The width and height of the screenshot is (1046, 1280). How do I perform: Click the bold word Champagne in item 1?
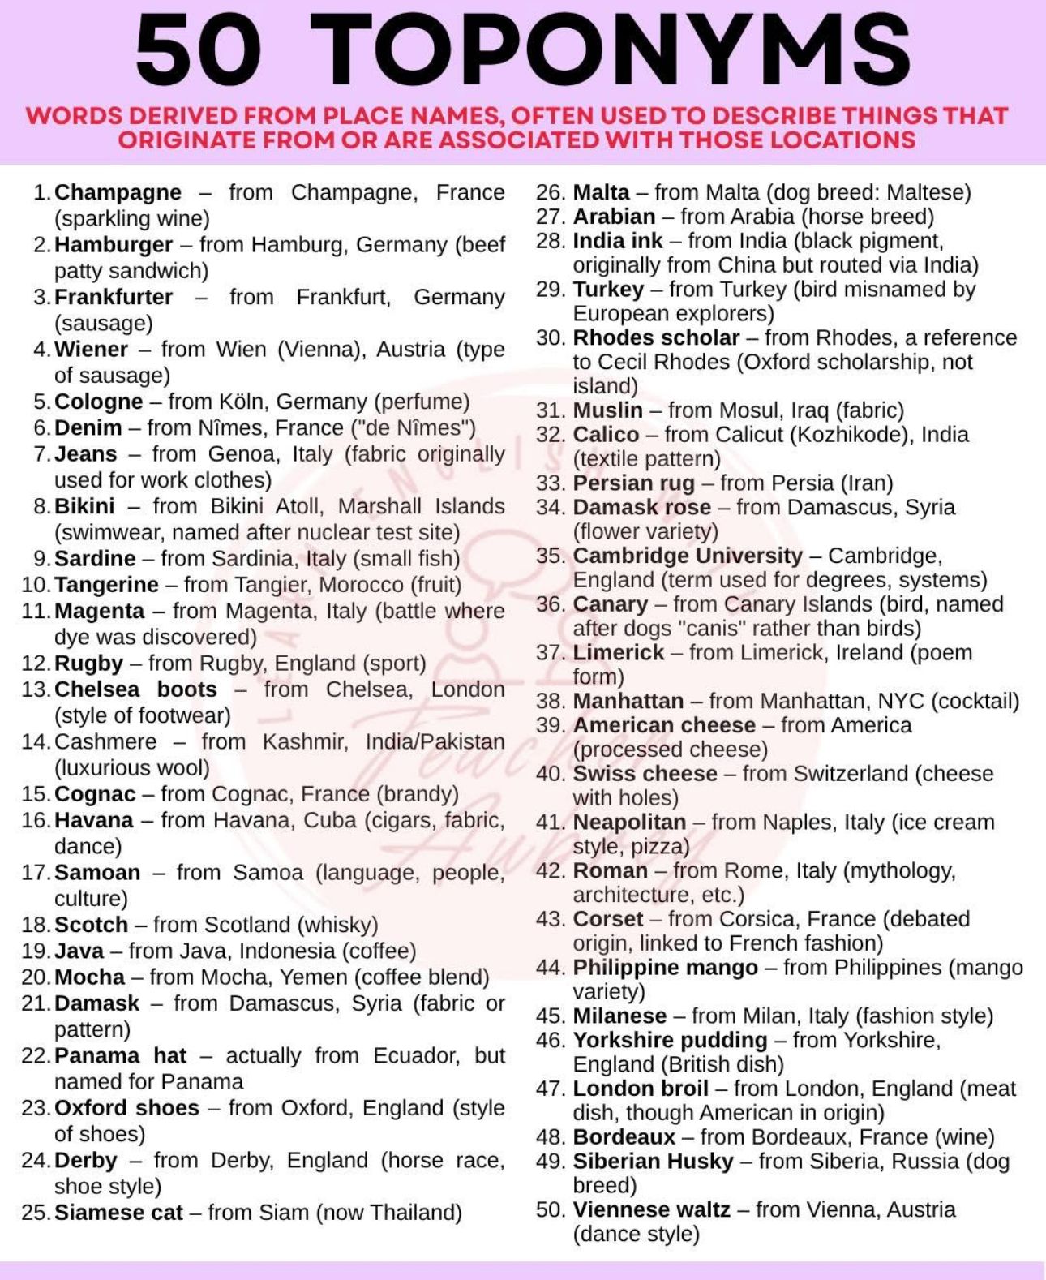tap(118, 192)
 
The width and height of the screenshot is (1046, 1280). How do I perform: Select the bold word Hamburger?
tap(114, 244)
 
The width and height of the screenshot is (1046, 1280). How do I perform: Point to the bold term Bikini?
tap(84, 506)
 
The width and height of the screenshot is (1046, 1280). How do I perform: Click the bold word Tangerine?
tap(106, 585)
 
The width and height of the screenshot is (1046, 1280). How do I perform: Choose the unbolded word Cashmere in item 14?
tap(105, 741)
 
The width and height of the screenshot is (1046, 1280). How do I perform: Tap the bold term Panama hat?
tap(120, 1055)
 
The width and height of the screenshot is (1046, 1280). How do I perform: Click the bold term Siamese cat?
tap(118, 1213)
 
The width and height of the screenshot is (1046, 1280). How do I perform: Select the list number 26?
tap(550, 193)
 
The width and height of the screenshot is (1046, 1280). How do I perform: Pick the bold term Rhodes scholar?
tap(656, 337)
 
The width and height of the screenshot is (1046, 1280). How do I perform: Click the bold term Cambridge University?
tap(688, 556)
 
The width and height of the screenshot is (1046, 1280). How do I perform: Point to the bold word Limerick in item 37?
tap(618, 652)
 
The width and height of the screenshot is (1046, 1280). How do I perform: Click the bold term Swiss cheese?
tap(645, 774)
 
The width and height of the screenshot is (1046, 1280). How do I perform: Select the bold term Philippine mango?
tap(665, 968)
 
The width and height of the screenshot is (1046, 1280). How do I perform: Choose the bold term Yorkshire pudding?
tap(670, 1040)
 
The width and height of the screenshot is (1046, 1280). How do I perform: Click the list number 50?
tap(550, 1210)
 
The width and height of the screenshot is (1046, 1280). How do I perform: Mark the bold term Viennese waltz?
tap(651, 1210)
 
